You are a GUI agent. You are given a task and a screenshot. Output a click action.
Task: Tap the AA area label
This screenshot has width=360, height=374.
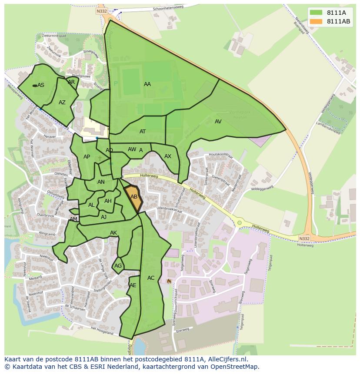point(147,84)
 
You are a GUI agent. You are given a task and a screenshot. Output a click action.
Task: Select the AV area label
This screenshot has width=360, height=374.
point(218,122)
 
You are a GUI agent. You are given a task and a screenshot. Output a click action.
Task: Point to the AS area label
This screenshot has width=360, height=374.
point(41,85)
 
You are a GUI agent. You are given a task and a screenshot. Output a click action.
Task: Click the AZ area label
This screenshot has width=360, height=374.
point(62,103)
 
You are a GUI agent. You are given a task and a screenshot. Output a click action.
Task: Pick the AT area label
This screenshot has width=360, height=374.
point(143,132)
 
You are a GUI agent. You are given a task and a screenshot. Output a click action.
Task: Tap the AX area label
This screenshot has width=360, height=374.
point(168,156)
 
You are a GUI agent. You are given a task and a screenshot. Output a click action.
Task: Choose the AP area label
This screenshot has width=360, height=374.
point(87,157)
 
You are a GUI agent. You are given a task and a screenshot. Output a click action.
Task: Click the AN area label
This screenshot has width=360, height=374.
point(101,182)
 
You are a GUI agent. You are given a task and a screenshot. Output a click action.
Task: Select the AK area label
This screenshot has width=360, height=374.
point(113,233)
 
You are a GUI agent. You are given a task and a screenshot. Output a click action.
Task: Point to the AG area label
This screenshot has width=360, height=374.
point(118,266)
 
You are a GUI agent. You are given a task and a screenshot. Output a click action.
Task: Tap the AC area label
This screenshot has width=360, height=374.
point(151,278)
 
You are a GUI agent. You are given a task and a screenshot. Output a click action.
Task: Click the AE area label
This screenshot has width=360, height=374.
point(133,285)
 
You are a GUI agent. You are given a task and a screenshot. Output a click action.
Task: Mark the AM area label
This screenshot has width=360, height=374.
point(73,219)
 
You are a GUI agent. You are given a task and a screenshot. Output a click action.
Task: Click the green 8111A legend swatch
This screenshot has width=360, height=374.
point(316,13)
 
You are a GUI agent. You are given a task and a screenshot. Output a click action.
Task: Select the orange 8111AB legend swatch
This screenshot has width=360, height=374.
point(316,21)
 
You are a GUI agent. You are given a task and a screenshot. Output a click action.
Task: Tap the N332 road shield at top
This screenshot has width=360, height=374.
point(102,11)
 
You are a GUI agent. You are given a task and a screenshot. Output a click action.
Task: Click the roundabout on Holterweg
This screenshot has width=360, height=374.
point(239,223)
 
